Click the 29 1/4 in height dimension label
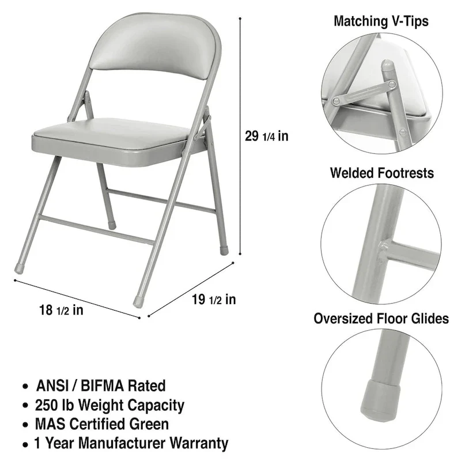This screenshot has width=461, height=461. click(x=266, y=137)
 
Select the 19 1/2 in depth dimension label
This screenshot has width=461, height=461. click(x=213, y=299)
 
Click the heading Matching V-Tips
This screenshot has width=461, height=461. click(x=381, y=22)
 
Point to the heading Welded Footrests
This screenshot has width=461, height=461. click(x=382, y=173)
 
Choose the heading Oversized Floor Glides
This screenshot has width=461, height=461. click(x=381, y=319)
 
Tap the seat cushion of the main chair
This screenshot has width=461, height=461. click(x=118, y=138)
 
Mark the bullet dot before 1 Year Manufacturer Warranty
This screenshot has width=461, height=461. click(x=25, y=445)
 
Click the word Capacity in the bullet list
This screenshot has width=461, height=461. click(x=158, y=405)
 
